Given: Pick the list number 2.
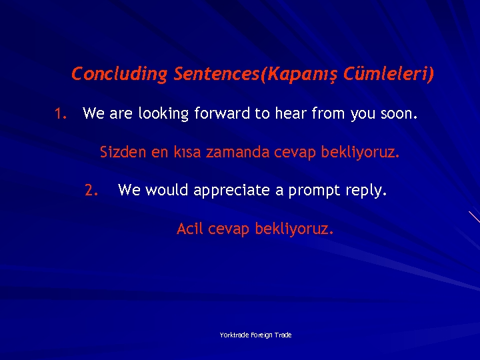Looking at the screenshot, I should (x=91, y=191).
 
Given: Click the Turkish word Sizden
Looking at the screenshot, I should (x=123, y=153).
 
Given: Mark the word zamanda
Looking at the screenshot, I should (x=237, y=153).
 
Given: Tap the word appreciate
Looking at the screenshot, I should (x=230, y=191).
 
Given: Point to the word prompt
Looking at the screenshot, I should (x=314, y=191).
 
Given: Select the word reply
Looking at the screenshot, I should (x=366, y=191).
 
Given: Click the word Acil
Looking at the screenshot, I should (x=190, y=229).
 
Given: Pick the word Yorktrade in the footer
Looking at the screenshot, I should (x=235, y=335).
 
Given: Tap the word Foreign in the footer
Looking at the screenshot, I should (x=263, y=335).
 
